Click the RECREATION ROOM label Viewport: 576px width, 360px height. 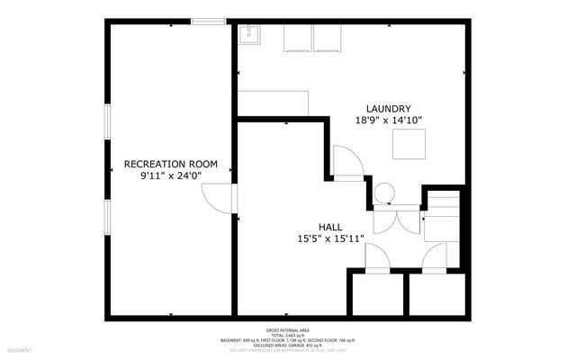coord(171,164)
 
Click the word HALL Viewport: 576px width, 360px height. coord(331,227)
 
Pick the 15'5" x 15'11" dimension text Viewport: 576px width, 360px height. coord(331,239)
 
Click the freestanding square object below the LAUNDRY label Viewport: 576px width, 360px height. coord(409,145)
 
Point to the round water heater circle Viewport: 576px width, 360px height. coord(384,193)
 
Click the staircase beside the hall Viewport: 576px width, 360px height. coord(443,216)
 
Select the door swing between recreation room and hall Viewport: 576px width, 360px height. coord(217,198)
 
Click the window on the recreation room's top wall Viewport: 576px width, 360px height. coord(208,21)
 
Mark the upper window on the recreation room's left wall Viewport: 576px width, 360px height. coord(108,121)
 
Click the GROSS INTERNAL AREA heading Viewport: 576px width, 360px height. coord(288,330)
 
